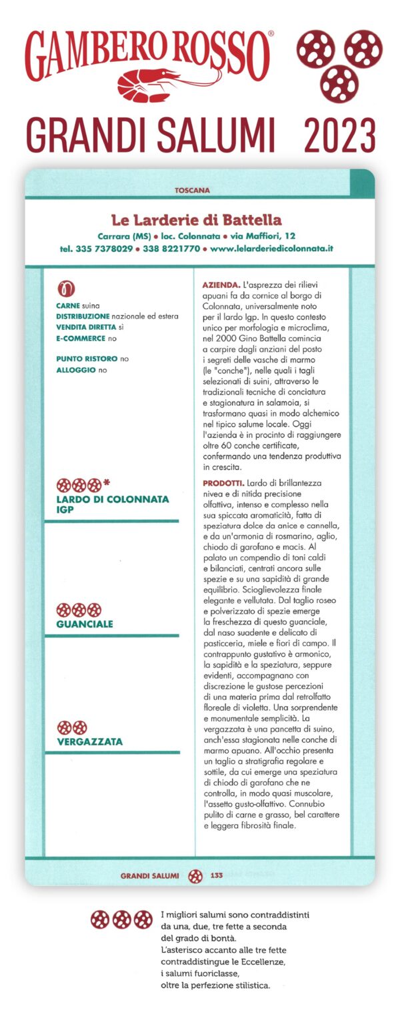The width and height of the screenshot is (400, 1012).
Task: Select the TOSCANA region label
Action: [x=192, y=190]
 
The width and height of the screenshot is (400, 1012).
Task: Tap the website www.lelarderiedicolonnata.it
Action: [x=271, y=248]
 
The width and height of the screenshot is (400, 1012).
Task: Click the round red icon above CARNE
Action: [x=65, y=288]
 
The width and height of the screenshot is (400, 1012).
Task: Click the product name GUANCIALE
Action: [x=85, y=624]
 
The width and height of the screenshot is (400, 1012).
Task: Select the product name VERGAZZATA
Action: [x=90, y=742]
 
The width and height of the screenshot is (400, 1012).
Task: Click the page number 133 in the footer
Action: [x=216, y=875]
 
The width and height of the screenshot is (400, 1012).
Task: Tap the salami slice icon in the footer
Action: [x=195, y=876]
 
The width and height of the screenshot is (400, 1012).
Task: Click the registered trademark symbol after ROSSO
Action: [x=270, y=33]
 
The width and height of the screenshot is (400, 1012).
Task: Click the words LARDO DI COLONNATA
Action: [x=113, y=499]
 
